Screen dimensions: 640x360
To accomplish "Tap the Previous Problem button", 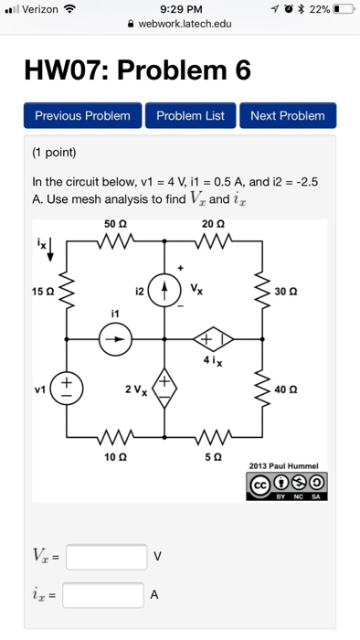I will point(81,116).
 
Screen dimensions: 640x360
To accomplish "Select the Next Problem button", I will point(288,116).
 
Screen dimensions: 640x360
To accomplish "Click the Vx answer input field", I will point(106,556).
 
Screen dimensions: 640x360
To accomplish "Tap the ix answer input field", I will point(103,595).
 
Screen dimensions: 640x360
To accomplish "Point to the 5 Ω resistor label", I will point(214,454).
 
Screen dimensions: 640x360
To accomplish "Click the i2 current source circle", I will point(165,292).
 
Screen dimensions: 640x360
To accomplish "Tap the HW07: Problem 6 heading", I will point(141,69).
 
